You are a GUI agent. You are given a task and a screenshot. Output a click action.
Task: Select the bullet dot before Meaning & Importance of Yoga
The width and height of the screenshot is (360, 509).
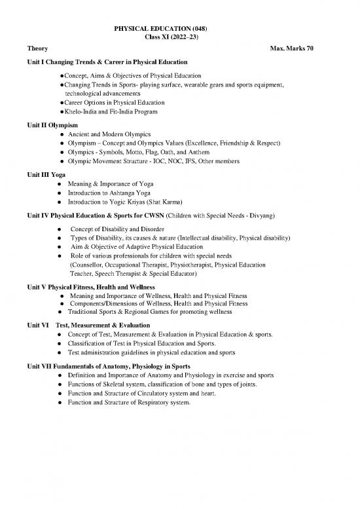[60, 183]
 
